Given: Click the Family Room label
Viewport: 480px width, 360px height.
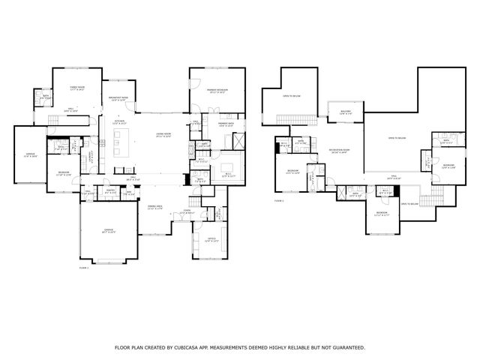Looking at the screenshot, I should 77,88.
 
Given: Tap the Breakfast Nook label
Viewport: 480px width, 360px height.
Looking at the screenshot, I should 118,97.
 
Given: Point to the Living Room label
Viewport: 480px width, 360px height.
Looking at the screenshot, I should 163,135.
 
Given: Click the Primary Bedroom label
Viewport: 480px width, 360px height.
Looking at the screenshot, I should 217,91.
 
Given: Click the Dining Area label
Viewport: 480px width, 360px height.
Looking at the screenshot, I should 156,206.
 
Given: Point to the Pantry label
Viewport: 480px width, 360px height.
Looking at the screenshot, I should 109,192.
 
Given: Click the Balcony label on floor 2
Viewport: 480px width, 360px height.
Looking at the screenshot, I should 345,112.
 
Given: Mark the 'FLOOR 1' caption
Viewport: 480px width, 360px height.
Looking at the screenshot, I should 83,267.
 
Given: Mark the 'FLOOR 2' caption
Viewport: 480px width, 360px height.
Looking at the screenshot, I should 279,200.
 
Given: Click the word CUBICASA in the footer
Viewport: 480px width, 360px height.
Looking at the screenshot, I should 202,347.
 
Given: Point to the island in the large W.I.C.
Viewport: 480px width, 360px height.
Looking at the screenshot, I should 226,166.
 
